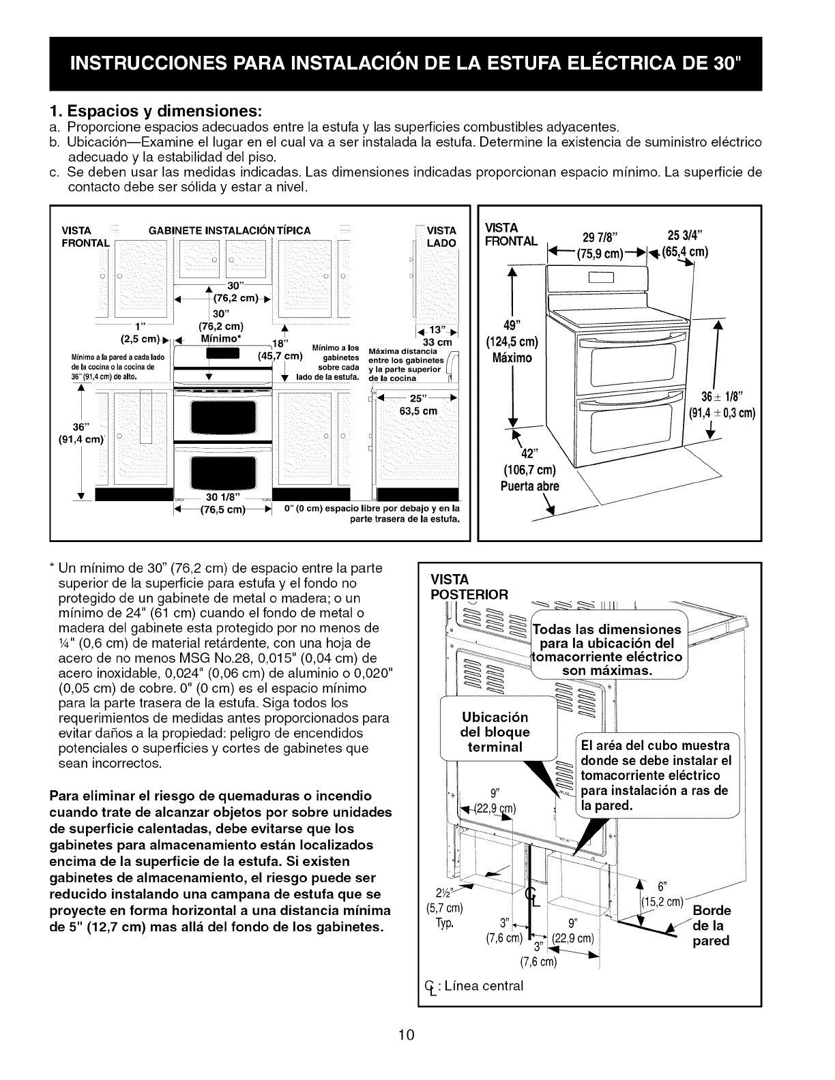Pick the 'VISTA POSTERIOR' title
point(470,586)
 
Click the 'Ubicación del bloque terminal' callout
point(495,732)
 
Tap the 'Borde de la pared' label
point(712,925)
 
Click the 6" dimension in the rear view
point(661,886)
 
